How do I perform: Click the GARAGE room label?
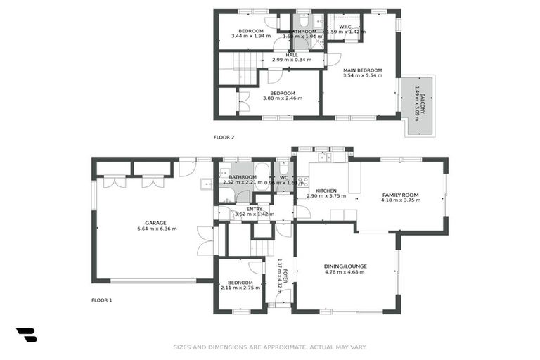tap(156, 223)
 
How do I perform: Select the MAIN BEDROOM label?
tap(362, 70)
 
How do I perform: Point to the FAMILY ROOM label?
tap(400, 195)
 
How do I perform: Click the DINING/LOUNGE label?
tap(345, 266)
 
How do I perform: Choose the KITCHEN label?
tap(326, 191)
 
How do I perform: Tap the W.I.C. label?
tap(345, 27)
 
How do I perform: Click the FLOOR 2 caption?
tap(224, 137)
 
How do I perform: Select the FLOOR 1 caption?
tap(102, 300)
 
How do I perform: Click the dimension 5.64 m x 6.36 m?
tap(156, 229)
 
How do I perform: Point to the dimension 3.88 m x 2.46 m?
tap(283, 98)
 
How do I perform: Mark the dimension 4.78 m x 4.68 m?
tap(345, 273)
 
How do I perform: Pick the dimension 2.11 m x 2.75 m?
tap(240, 288)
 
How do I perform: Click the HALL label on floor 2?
tap(291, 54)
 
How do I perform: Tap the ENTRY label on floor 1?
tap(254, 209)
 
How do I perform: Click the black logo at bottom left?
tap(27, 335)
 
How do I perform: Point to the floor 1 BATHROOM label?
tap(241, 176)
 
